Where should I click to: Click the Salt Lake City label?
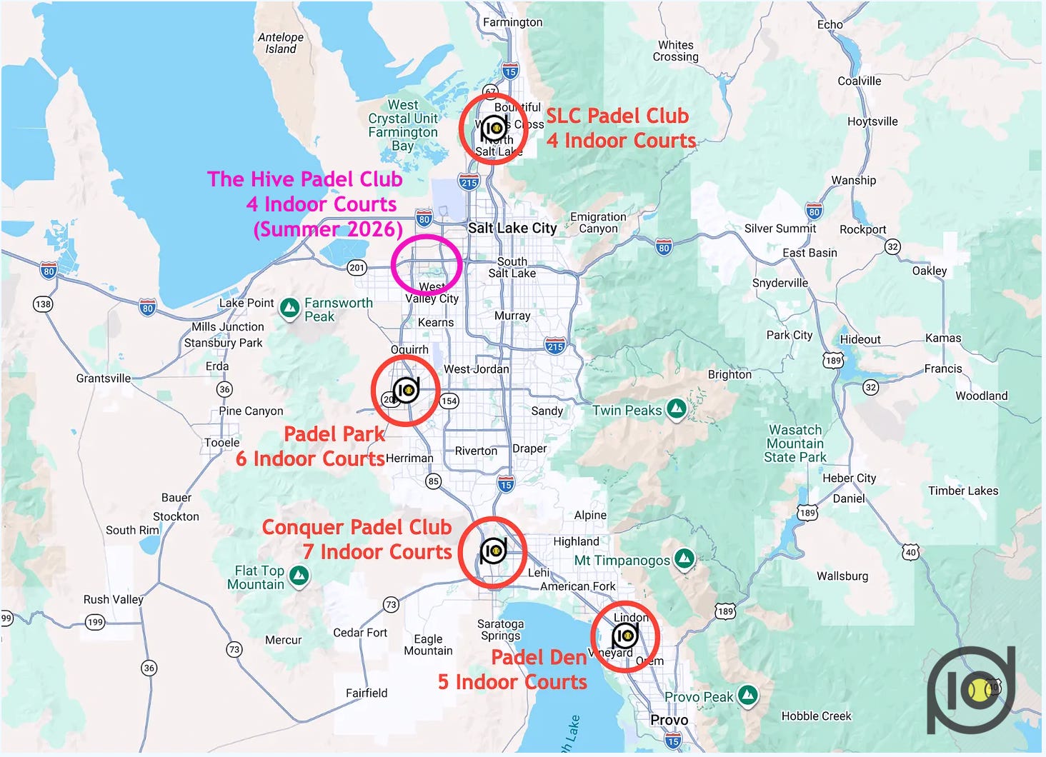(512, 228)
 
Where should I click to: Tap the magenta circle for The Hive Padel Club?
(427, 264)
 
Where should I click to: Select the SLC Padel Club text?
(617, 116)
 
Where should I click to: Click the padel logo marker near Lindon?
(625, 635)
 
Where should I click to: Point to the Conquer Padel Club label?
(357, 527)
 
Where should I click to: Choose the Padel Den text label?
(539, 657)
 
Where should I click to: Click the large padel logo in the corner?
(971, 690)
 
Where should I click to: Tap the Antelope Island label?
(281, 43)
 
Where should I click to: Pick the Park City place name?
(789, 335)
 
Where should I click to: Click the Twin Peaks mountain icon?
(676, 409)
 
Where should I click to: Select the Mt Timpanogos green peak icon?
(684, 559)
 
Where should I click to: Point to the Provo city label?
(669, 720)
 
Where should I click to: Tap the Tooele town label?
(222, 442)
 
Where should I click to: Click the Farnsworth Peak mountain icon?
(289, 308)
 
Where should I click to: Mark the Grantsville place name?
(104, 378)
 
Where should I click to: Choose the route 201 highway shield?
(357, 268)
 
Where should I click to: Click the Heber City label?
(849, 478)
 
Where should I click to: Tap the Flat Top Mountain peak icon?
(299, 575)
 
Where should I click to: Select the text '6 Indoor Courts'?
(310, 458)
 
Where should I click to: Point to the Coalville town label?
(859, 81)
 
